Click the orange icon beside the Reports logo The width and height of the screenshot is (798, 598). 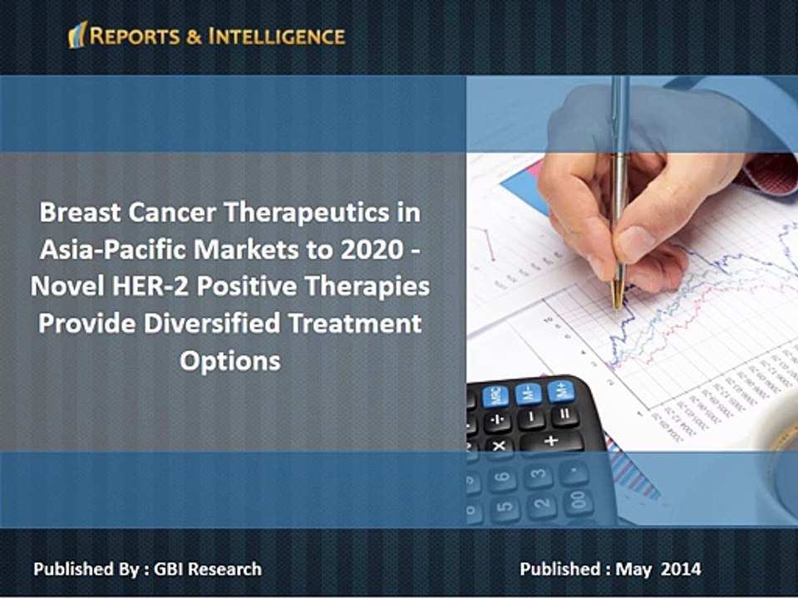coord(77,34)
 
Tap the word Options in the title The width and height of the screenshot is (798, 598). coord(230,361)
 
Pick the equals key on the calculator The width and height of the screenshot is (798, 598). coord(565,414)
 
